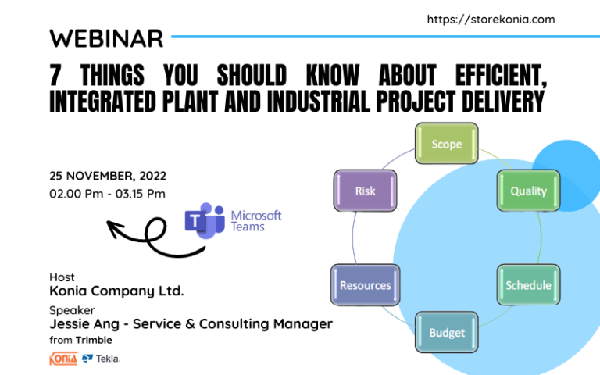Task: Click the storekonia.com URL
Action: click(x=491, y=20)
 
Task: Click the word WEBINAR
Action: click(x=106, y=37)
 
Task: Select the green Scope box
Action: click(x=446, y=145)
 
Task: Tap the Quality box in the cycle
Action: click(x=528, y=191)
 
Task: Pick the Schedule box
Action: click(x=528, y=285)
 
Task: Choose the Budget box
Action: click(x=446, y=333)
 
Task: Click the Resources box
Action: click(x=365, y=285)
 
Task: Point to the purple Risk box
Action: click(x=365, y=191)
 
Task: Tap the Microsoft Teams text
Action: click(x=255, y=220)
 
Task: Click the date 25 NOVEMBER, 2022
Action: click(x=108, y=176)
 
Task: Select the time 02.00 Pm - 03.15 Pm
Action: click(x=108, y=193)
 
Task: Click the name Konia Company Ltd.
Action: click(x=116, y=291)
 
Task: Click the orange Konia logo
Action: click(x=62, y=359)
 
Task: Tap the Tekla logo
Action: click(x=101, y=359)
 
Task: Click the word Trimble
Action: click(x=94, y=340)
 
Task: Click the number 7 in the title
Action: click(x=55, y=76)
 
